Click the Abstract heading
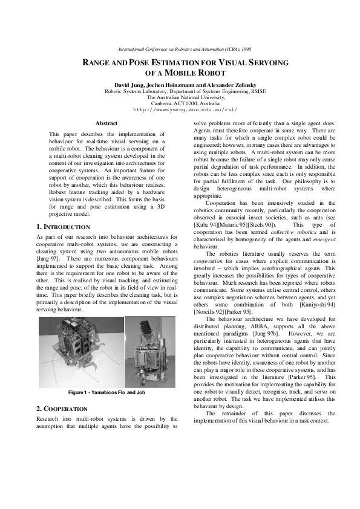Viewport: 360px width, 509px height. [106, 123]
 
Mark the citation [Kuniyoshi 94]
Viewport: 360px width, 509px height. [312, 305]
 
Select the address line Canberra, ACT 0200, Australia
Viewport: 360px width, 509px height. [185, 103]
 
